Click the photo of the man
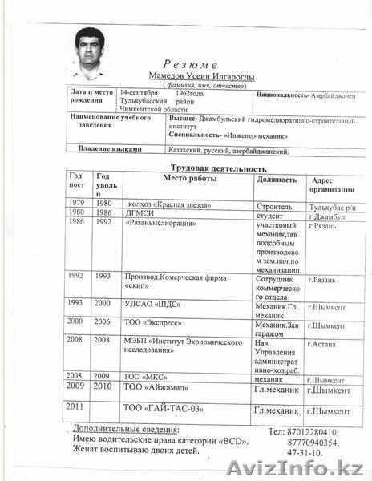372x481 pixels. tap(94, 49)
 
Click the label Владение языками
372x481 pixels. tap(111, 148)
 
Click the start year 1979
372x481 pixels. tap(76, 204)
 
